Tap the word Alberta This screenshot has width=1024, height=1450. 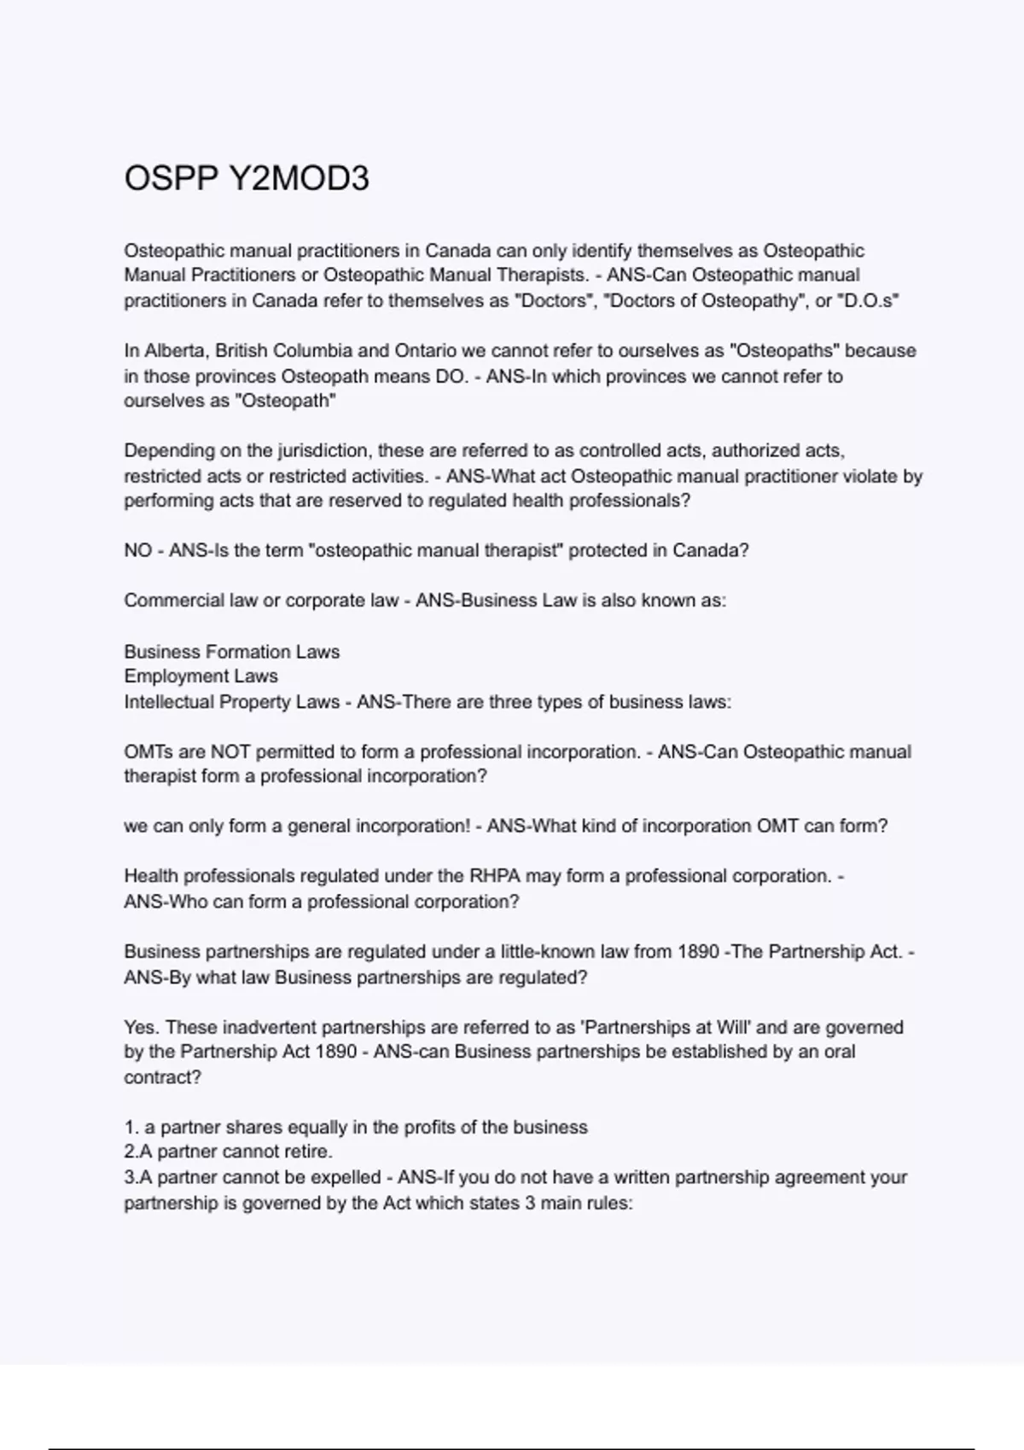(x=174, y=351)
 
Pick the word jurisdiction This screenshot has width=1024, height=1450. (x=323, y=450)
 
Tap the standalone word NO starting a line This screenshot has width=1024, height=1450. (x=137, y=551)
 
